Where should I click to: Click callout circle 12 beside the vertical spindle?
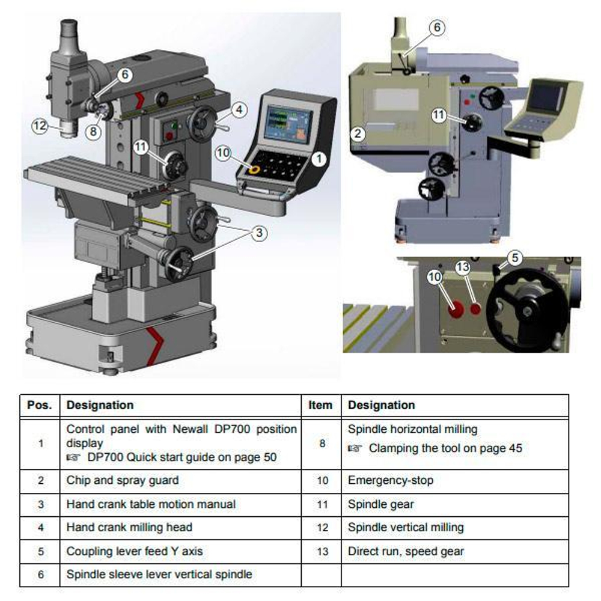(x=40, y=126)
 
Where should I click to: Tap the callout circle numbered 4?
(x=239, y=110)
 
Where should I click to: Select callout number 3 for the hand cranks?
(x=259, y=233)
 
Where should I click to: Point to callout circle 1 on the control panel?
(x=319, y=159)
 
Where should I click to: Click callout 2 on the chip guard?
(x=358, y=134)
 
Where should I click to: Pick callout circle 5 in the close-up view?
(x=515, y=258)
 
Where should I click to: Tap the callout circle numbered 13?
(x=463, y=267)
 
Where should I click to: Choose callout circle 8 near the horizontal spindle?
(x=93, y=132)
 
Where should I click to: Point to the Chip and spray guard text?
(x=123, y=480)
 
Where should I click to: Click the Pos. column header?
(x=40, y=405)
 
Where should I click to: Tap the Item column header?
(x=320, y=405)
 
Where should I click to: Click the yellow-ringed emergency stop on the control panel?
(x=254, y=169)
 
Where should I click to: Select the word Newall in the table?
(x=190, y=429)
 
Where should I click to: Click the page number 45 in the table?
(x=516, y=448)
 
